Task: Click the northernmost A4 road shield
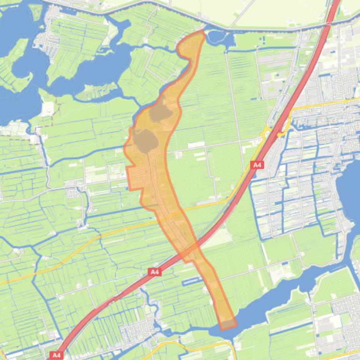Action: (257, 165)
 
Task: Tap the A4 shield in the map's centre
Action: (155, 272)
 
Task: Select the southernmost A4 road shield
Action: (57, 355)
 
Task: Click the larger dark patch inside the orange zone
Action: (145, 140)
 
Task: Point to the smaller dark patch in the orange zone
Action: (161, 112)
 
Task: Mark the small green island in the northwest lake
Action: (36, 11)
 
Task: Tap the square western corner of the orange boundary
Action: (129, 187)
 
